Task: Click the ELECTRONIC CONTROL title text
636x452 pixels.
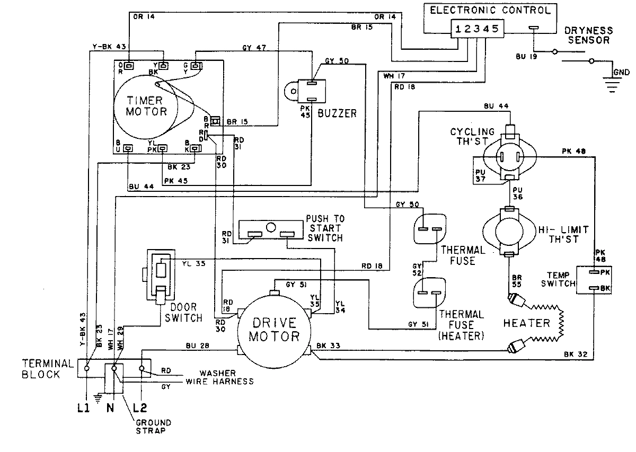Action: (x=490, y=10)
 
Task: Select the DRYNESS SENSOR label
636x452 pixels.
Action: (x=588, y=35)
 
